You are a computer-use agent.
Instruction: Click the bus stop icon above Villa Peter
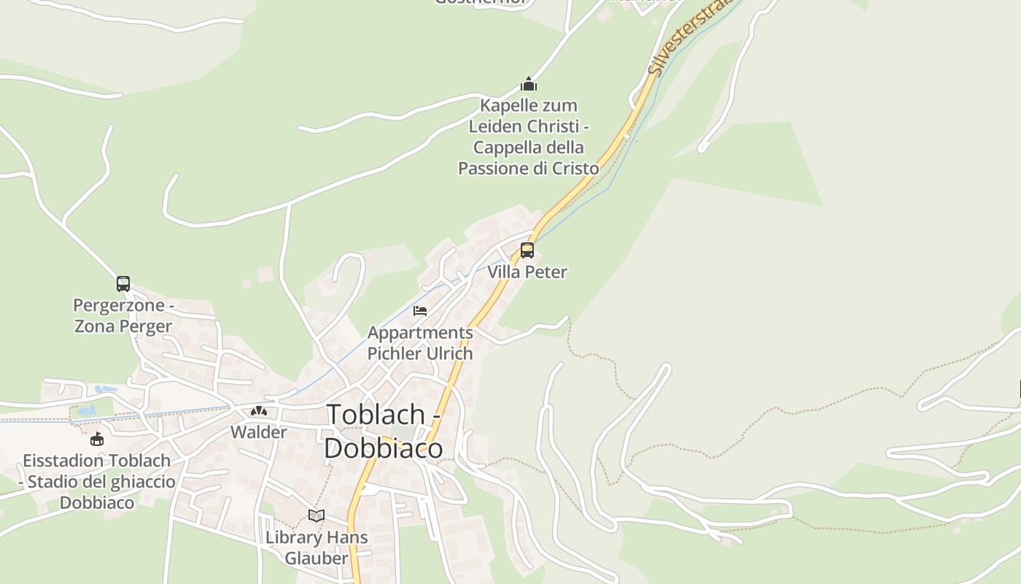click(527, 250)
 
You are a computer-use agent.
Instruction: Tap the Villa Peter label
click(527, 272)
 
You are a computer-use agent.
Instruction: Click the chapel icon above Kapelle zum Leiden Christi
click(529, 84)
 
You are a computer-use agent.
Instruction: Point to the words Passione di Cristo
click(528, 168)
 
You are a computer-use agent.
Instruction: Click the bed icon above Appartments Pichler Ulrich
click(420, 311)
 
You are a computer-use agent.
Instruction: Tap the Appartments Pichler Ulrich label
click(420, 343)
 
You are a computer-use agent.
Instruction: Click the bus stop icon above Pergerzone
click(123, 283)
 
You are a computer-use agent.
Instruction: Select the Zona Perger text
click(123, 326)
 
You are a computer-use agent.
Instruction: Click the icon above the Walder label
click(259, 411)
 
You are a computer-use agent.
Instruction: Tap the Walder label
click(259, 432)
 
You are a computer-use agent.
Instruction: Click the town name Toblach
click(376, 414)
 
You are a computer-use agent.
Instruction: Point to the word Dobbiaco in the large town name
click(383, 447)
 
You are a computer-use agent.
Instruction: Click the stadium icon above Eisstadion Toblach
click(97, 439)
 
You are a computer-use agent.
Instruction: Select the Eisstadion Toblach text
click(97, 461)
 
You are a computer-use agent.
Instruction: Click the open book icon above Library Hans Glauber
click(317, 516)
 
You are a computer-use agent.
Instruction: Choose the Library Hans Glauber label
click(317, 547)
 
